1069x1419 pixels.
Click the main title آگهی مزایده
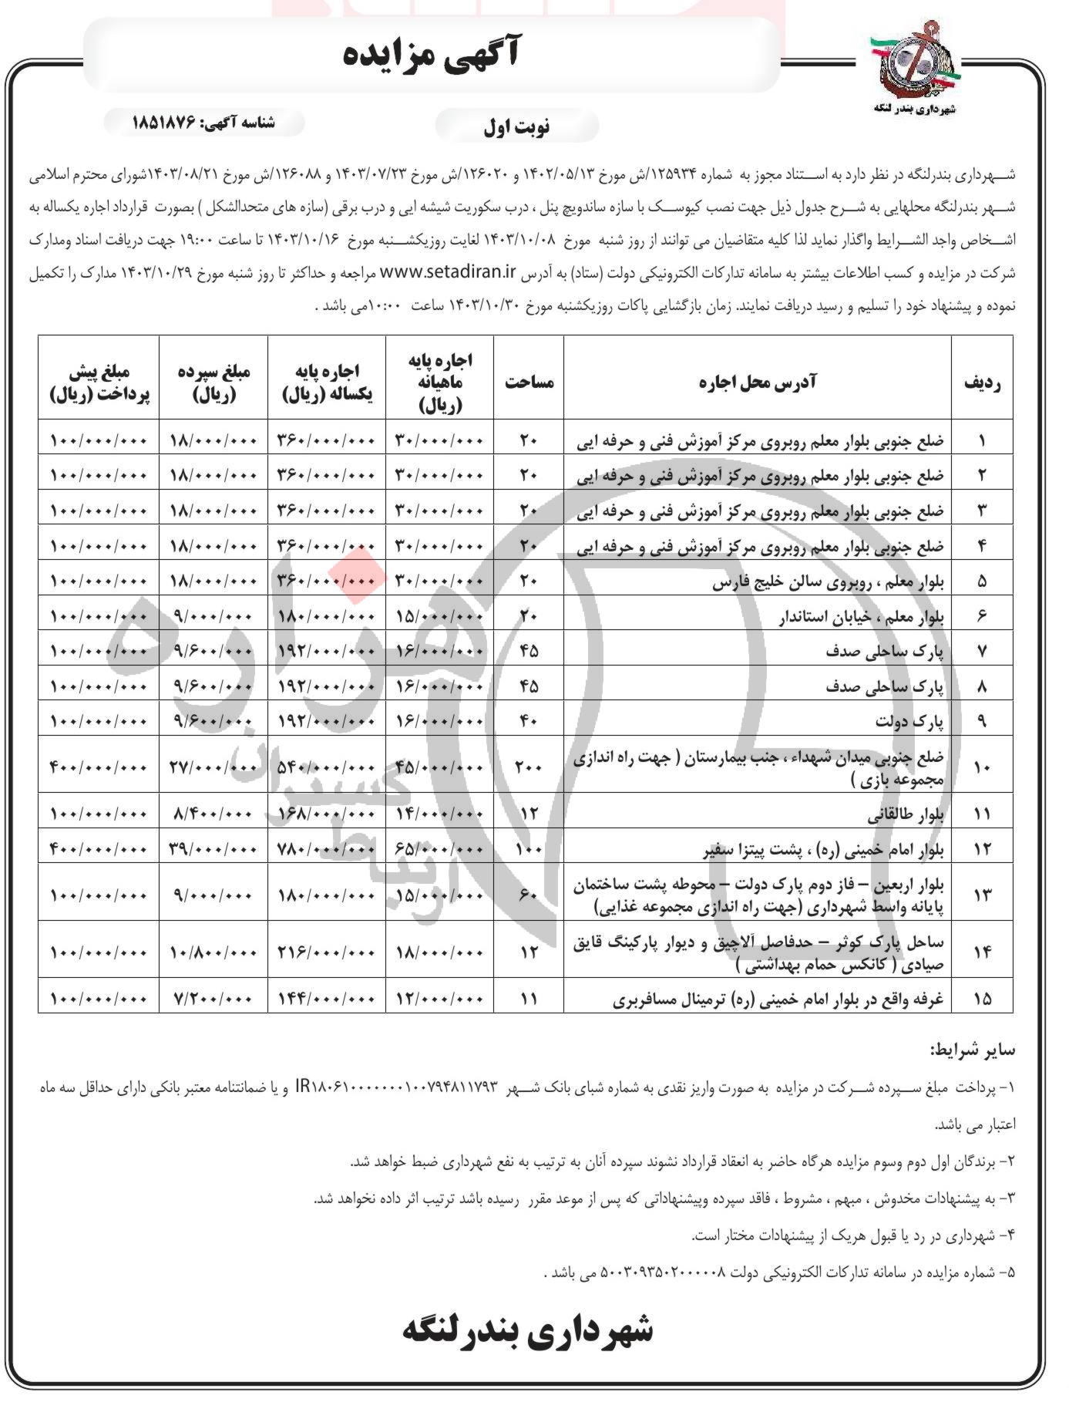coord(432,56)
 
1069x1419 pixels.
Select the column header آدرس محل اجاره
coord(758,381)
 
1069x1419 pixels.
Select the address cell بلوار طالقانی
coord(919,814)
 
